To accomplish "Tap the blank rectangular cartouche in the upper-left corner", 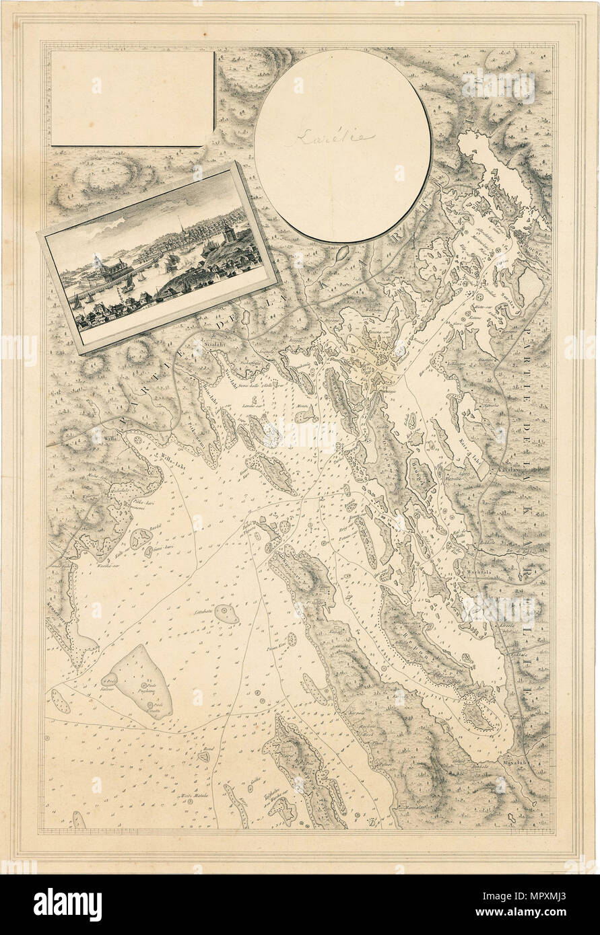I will coord(133,98).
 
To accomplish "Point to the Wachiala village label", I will coord(477,574).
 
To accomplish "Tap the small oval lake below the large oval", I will coord(341,253).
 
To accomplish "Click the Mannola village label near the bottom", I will coord(411,807).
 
